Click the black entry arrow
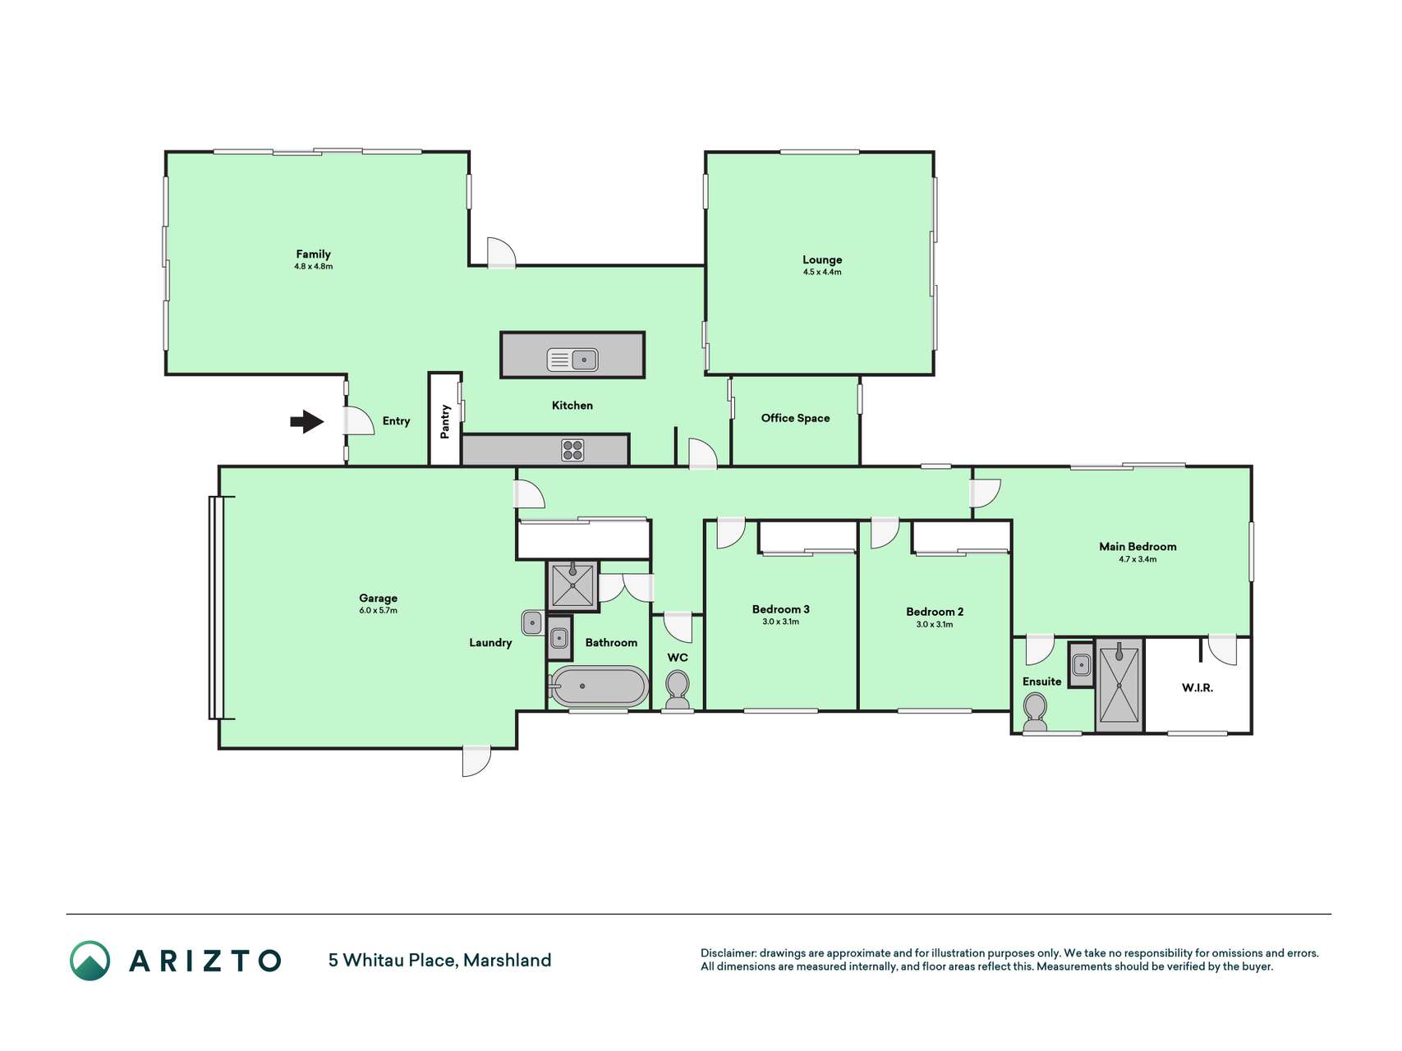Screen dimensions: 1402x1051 (x=306, y=422)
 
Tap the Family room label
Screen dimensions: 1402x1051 (x=313, y=255)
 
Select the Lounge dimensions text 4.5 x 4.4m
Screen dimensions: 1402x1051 (x=822, y=272)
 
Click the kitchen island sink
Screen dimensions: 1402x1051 (x=572, y=360)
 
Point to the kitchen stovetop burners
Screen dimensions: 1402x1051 (x=572, y=450)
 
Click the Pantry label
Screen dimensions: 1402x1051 (x=445, y=421)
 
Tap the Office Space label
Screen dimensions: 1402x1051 (x=795, y=418)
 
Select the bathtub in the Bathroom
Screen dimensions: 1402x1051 (x=599, y=686)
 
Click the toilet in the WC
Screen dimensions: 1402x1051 (x=678, y=689)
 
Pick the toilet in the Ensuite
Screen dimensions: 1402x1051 (x=1035, y=712)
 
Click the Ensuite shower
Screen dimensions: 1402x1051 (x=1119, y=685)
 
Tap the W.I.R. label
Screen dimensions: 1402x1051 (x=1197, y=688)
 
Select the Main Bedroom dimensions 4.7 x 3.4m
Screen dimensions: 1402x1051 (x=1138, y=559)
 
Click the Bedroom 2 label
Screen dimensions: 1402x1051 (x=935, y=612)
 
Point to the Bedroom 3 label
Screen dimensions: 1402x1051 (x=780, y=609)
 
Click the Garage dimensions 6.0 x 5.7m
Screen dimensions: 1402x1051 (x=378, y=611)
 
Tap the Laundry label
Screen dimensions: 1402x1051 (x=490, y=643)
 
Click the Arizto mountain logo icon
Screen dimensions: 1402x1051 (x=90, y=961)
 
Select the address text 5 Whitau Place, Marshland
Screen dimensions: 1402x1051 (x=439, y=961)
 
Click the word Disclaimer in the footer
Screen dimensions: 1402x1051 (x=728, y=953)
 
